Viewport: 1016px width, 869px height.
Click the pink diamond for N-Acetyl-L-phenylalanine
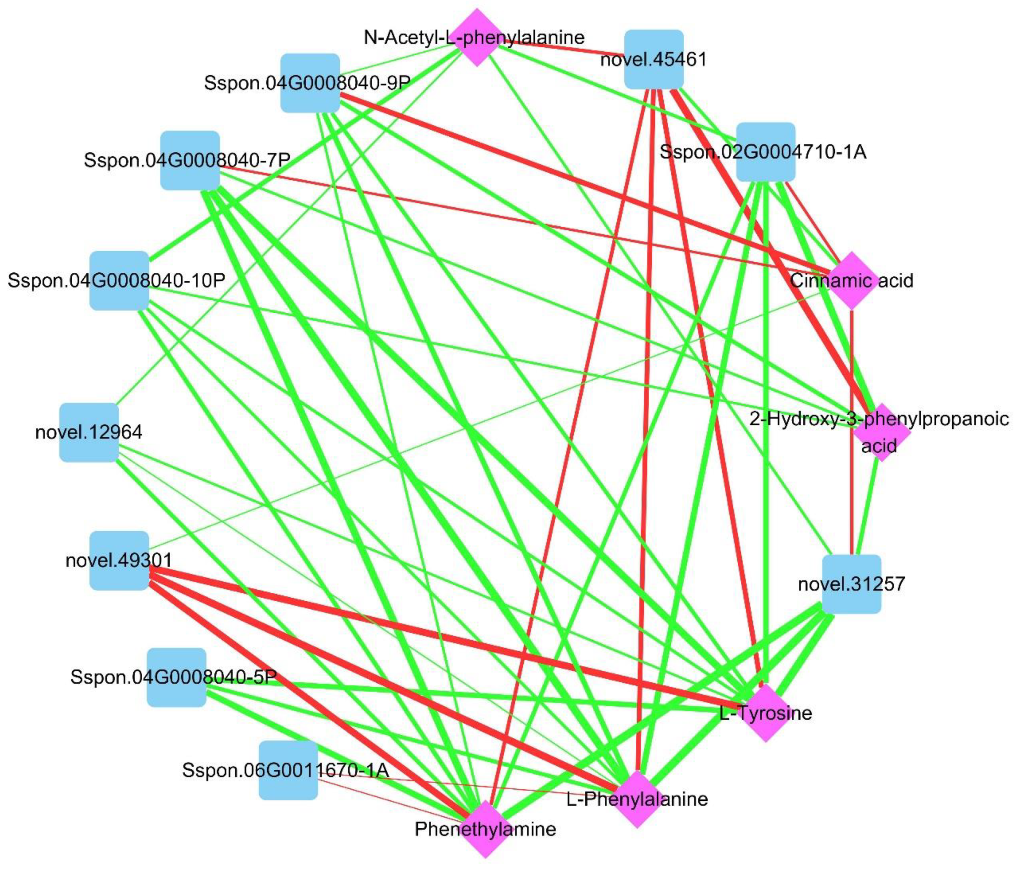point(477,37)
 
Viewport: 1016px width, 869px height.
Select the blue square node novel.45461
point(654,59)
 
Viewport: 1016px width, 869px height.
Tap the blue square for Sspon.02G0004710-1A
point(765,152)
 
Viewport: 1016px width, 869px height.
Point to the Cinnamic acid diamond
point(852,280)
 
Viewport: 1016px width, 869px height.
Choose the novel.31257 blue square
point(851,584)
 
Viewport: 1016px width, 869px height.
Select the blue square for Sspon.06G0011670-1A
point(288,770)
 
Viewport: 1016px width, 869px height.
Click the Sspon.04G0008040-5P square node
point(177,677)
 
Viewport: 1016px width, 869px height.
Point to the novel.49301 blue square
point(119,560)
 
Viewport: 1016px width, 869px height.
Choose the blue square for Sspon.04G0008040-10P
point(119,280)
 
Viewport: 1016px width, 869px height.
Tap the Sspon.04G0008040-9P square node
point(310,83)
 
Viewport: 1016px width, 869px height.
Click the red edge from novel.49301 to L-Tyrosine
point(441,637)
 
